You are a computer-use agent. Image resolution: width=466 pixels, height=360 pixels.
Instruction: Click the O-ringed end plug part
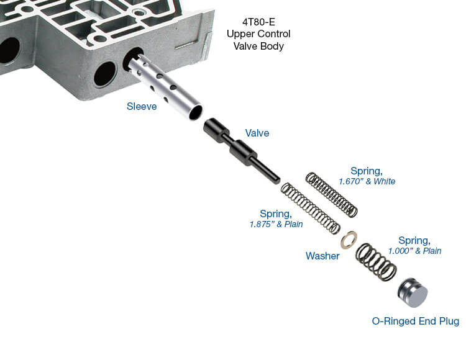pyautogui.click(x=413, y=292)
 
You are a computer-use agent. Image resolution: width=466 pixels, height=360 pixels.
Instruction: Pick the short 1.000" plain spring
pyautogui.click(x=377, y=262)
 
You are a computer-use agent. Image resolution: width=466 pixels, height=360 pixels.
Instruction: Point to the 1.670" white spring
pyautogui.click(x=332, y=195)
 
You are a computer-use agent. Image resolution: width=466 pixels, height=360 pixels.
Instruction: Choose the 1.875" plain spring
pyautogui.click(x=310, y=209)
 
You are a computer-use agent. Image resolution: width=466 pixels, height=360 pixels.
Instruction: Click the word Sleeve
pyautogui.click(x=142, y=106)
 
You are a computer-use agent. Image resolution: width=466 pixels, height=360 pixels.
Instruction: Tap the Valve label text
pyautogui.click(x=257, y=133)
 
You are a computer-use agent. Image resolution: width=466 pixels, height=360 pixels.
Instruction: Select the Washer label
pyautogui.click(x=322, y=256)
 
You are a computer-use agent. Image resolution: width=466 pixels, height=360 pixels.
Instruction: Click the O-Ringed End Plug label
pyautogui.click(x=416, y=321)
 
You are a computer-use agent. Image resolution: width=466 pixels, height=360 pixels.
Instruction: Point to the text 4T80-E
pyautogui.click(x=258, y=22)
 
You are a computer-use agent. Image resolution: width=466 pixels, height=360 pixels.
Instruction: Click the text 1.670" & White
pyautogui.click(x=367, y=181)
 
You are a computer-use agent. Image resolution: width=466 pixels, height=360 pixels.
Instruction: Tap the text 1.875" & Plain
pyautogui.click(x=276, y=224)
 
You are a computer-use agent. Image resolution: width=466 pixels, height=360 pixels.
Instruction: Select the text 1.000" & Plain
pyautogui.click(x=414, y=251)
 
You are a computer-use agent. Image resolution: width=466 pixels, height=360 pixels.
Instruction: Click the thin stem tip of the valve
pyautogui.click(x=277, y=180)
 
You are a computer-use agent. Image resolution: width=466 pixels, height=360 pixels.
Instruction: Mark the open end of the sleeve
pyautogui.click(x=195, y=112)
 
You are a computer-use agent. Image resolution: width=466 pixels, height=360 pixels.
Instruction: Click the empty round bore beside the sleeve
pyautogui.click(x=104, y=74)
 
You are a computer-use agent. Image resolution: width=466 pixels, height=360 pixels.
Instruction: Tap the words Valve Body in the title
pyautogui.click(x=258, y=47)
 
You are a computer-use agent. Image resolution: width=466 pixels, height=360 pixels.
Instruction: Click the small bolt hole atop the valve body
pyautogui.click(x=137, y=12)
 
